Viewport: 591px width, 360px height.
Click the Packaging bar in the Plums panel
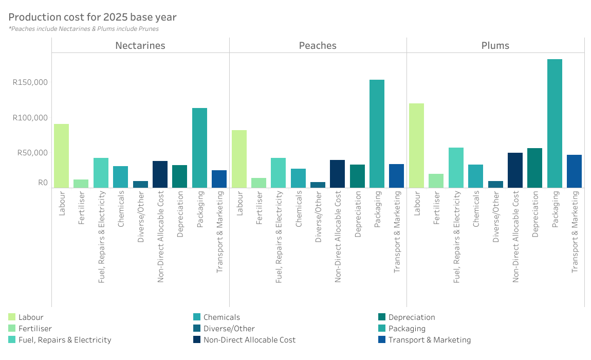tap(555, 123)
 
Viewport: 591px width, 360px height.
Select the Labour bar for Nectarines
tap(62, 156)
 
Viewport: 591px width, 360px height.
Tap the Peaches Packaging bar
tap(377, 134)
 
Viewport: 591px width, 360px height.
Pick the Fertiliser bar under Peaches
tap(258, 183)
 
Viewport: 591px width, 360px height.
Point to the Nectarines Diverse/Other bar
tap(140, 185)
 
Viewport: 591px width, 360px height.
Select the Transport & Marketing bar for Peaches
tap(396, 176)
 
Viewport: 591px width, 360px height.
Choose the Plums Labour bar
tap(416, 146)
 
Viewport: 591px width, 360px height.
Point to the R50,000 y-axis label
tap(32, 153)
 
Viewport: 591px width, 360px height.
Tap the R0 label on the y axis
tap(43, 183)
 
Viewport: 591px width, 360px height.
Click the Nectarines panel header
tap(140, 46)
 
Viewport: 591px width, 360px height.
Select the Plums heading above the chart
tap(495, 46)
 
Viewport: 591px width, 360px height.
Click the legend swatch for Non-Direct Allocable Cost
tap(197, 339)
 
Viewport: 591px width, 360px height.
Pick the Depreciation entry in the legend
tap(412, 317)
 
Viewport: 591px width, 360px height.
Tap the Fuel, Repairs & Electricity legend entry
tap(65, 339)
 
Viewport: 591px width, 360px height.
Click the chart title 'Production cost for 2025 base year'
tap(93, 17)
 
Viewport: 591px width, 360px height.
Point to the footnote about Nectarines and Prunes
tap(84, 29)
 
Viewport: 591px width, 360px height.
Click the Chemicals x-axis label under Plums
tap(476, 209)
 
